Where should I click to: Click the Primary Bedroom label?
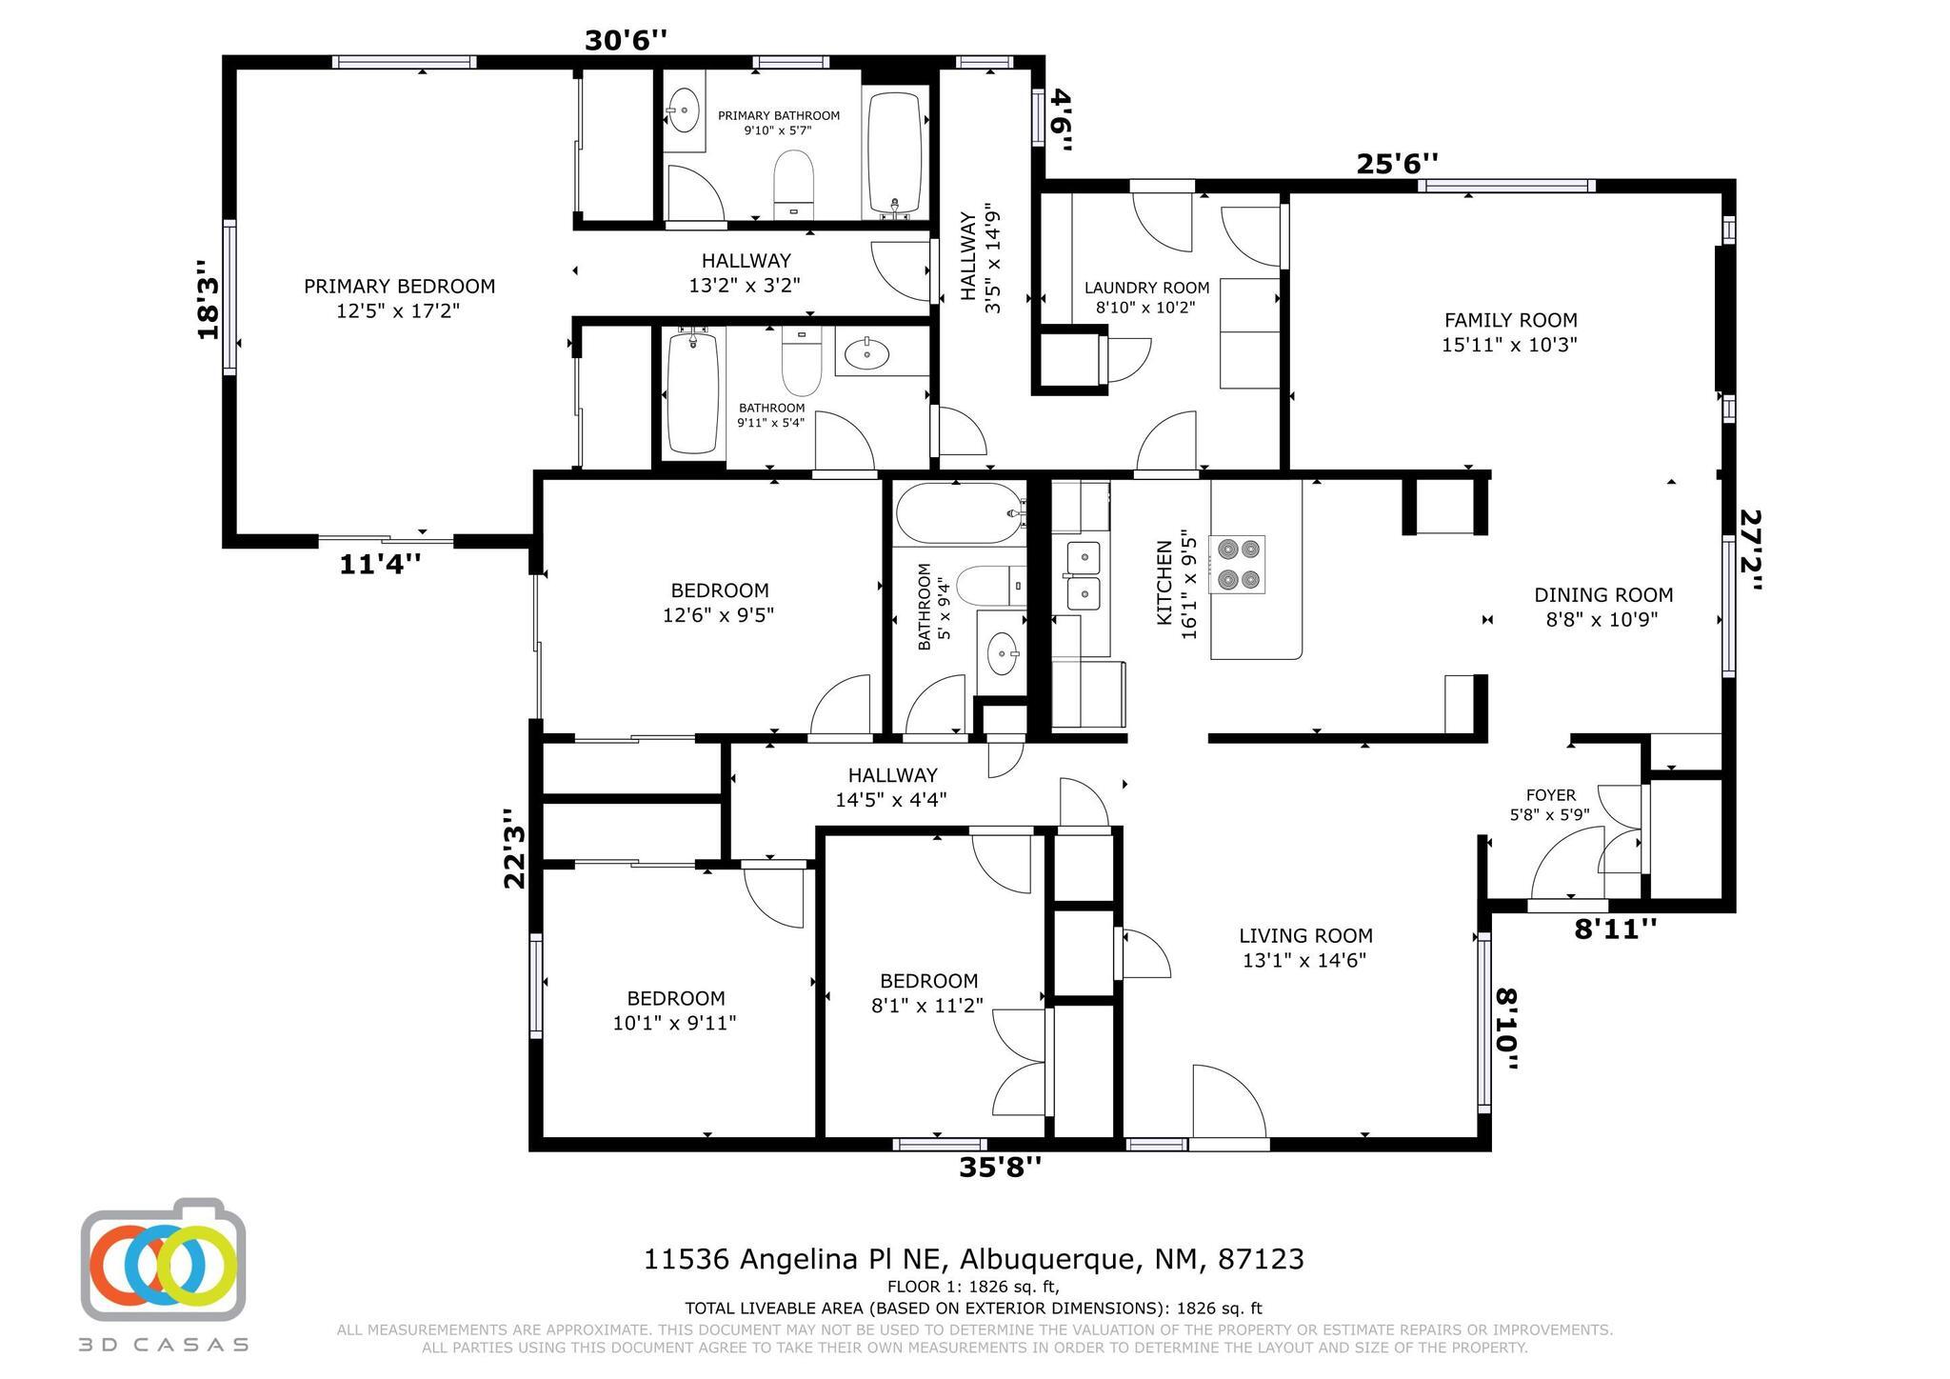pyautogui.click(x=399, y=298)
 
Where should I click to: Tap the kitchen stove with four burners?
pyautogui.click(x=1237, y=564)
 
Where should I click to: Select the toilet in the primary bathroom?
pyautogui.click(x=793, y=185)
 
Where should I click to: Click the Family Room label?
pyautogui.click(x=1510, y=332)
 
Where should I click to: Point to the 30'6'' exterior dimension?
pyautogui.click(x=626, y=41)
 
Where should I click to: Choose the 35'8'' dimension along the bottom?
pyautogui.click(x=1000, y=1167)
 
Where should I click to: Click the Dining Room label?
pyautogui.click(x=1603, y=608)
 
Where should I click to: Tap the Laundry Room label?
pyautogui.click(x=1146, y=297)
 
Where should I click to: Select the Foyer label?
pyautogui.click(x=1550, y=805)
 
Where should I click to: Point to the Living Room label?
pyautogui.click(x=1305, y=948)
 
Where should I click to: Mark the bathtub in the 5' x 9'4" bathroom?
pyautogui.click(x=960, y=513)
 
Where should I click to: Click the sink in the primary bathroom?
pyautogui.click(x=683, y=110)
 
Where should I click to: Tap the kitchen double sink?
pyautogui.click(x=1083, y=575)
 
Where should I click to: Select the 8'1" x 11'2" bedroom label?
pyautogui.click(x=928, y=992)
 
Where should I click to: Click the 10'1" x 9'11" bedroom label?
pyautogui.click(x=676, y=1010)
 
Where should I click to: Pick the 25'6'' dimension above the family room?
pyautogui.click(x=1397, y=164)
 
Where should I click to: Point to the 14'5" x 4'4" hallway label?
pyautogui.click(x=892, y=788)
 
